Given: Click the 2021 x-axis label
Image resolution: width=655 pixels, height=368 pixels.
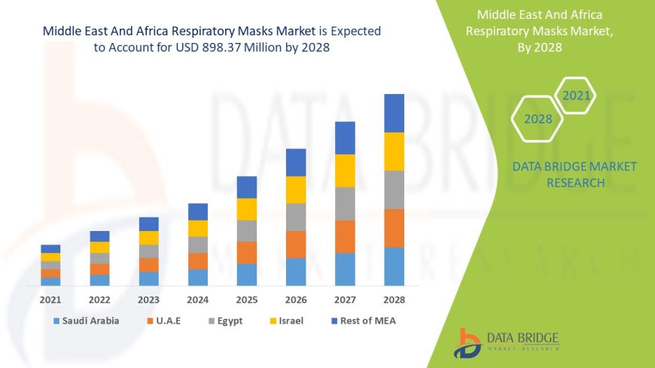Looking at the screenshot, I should click(50, 299).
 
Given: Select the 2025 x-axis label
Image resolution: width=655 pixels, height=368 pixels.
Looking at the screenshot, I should click(247, 299).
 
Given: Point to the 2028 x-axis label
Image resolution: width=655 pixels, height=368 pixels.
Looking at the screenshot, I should click(394, 299).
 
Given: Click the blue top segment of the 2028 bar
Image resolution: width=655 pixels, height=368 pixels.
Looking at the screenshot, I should click(394, 113).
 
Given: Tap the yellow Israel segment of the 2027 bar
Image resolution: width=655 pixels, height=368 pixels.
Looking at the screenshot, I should click(345, 170).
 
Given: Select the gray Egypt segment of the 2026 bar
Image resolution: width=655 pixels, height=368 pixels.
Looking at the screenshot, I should click(296, 217).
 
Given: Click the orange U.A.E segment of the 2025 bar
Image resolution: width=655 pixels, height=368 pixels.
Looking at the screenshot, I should click(247, 252).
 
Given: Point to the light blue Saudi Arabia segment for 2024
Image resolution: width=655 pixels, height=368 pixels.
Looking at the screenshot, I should click(198, 277).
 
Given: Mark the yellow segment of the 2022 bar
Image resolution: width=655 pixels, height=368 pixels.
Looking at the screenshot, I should click(99, 247).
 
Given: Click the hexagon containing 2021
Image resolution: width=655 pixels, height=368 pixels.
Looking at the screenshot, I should click(576, 96).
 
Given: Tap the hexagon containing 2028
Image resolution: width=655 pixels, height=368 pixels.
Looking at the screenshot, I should click(538, 119).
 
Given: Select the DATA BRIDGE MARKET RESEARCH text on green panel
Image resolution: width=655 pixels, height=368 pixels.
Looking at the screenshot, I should click(574, 175).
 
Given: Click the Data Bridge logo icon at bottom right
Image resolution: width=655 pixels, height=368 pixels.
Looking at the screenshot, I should click(468, 342).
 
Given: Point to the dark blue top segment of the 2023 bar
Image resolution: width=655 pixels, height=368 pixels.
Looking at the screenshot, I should click(148, 224).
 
